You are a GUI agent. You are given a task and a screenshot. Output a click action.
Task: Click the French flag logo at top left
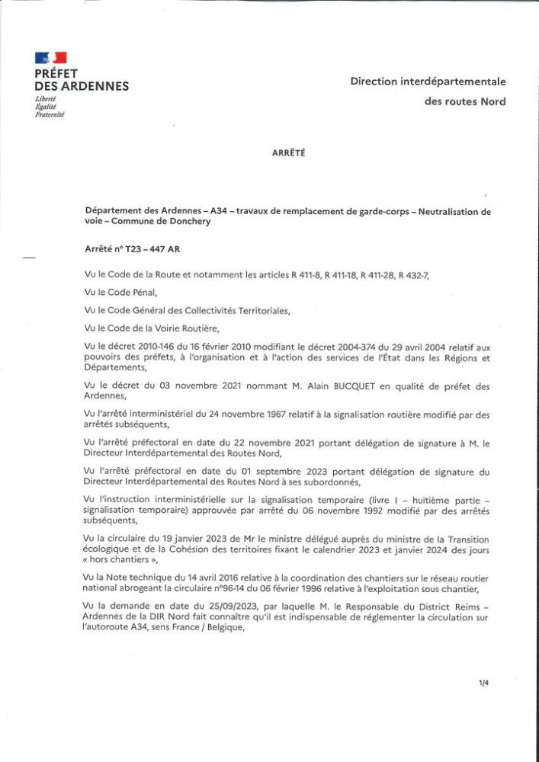click(50, 58)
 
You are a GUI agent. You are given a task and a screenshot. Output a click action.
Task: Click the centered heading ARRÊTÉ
click(288, 152)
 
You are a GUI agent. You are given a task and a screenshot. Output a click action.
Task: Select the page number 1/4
click(483, 683)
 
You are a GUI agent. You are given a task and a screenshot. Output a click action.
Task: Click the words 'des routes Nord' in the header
click(465, 101)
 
